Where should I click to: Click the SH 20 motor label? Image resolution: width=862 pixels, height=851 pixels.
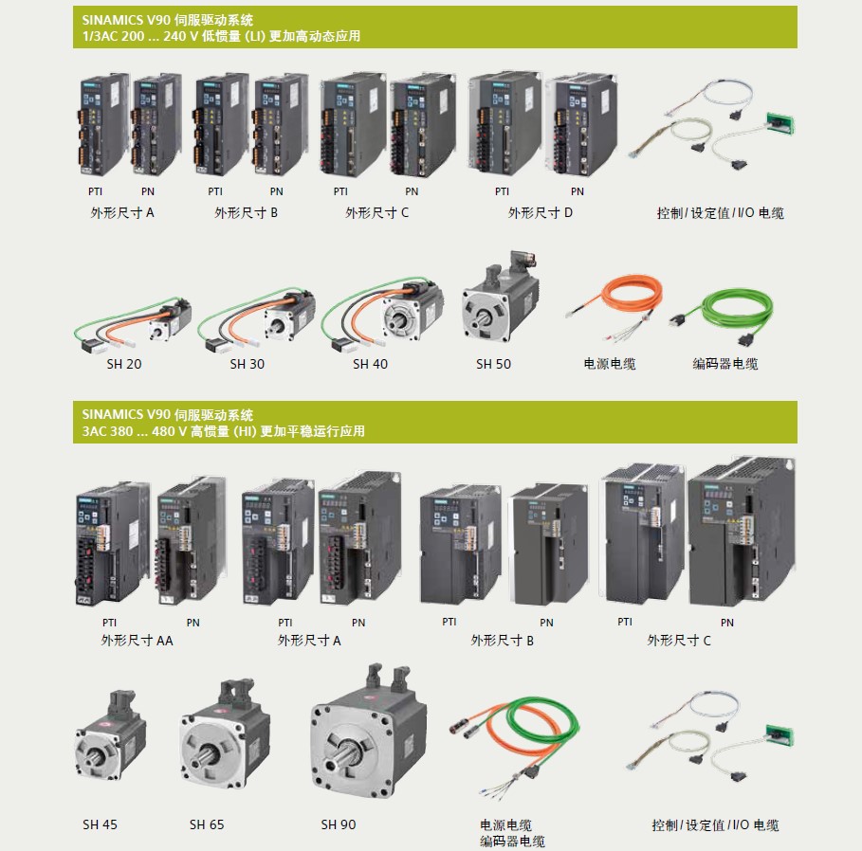(123, 364)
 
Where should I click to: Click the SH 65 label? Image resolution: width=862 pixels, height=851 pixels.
(207, 824)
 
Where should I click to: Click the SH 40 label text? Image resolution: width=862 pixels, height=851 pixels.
(370, 364)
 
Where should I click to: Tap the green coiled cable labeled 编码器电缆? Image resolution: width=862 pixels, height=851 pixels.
(722, 316)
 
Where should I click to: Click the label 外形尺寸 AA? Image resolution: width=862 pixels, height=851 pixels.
(137, 641)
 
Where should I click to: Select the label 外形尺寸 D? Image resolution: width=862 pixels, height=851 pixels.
(540, 212)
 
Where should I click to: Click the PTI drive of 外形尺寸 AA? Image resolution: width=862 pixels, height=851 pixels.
(112, 543)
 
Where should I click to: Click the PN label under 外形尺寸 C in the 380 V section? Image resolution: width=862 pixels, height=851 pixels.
(726, 623)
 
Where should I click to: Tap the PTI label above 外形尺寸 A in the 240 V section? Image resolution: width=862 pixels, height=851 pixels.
(95, 191)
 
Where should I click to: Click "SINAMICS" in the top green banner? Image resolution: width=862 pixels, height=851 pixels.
(112, 20)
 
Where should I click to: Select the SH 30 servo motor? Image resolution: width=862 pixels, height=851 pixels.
(257, 319)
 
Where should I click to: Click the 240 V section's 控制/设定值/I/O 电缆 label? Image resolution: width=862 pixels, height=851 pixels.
(720, 212)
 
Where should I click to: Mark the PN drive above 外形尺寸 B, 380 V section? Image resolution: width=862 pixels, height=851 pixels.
(549, 545)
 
